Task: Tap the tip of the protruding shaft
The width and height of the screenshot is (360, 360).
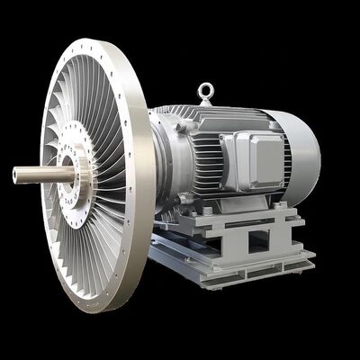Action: point(16,173)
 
